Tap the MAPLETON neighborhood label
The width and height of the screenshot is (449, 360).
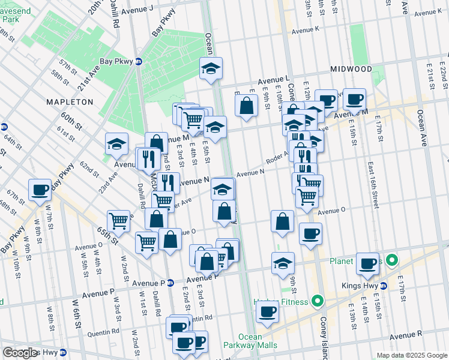click(70, 102)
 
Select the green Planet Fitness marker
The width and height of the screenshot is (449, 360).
click(392, 260)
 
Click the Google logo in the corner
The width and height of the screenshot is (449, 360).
click(20, 353)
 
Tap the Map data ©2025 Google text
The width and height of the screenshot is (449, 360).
click(411, 355)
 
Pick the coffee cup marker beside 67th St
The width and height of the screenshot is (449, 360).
click(40, 190)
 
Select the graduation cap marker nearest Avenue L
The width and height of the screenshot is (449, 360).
click(211, 69)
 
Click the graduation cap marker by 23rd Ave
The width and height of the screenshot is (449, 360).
click(116, 144)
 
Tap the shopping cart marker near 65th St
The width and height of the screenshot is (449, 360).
click(119, 221)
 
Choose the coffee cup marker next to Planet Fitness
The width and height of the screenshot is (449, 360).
click(367, 263)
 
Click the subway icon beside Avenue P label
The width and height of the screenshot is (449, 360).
click(170, 283)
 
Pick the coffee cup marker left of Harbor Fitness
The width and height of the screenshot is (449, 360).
click(267, 311)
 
